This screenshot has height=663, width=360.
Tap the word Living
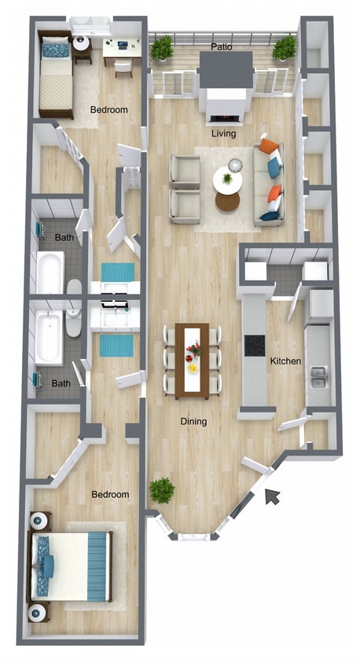224,134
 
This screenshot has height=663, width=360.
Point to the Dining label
193,422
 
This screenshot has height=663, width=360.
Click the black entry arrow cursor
272,496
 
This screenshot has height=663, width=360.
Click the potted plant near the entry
162,491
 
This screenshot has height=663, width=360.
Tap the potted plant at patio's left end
162,49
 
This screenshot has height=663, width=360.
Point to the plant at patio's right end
285,49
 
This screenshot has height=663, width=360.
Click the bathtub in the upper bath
50,273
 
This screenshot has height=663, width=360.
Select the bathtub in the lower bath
48,336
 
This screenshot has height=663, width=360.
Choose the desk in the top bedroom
122,49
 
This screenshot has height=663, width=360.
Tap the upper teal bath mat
118,272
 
